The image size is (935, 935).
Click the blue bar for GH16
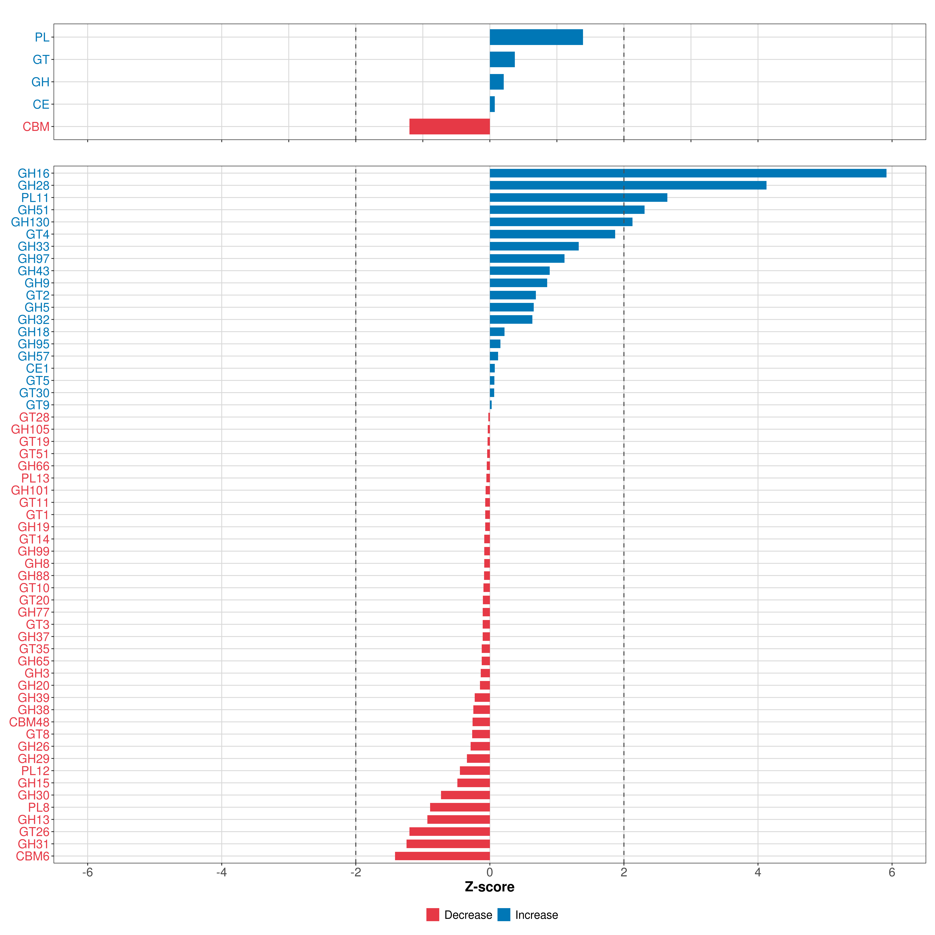[687, 173]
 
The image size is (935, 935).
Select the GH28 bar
[628, 185]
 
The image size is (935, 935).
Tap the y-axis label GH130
[30, 222]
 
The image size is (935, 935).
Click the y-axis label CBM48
[29, 722]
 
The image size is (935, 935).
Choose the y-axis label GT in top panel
[41, 60]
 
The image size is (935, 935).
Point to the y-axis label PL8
[39, 807]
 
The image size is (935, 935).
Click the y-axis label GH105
[30, 429]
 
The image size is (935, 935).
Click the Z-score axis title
[489, 887]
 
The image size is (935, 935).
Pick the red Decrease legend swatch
[433, 915]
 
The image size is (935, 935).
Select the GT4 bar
[552, 234]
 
